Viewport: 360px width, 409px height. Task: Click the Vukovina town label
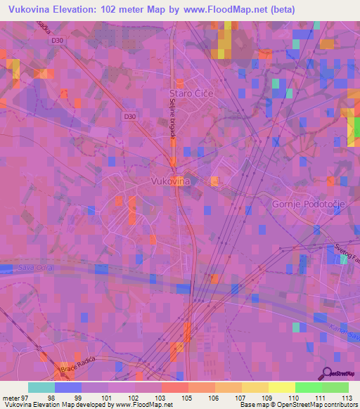[171, 181]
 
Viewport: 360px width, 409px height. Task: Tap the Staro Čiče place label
[191, 93]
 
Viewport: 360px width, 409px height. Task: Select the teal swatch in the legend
[41, 387]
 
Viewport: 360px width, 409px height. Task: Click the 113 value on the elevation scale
[347, 397]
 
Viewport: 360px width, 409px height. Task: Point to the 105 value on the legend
[187, 397]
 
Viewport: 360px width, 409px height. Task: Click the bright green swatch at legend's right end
[335, 387]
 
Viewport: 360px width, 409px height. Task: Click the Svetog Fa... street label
[345, 249]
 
